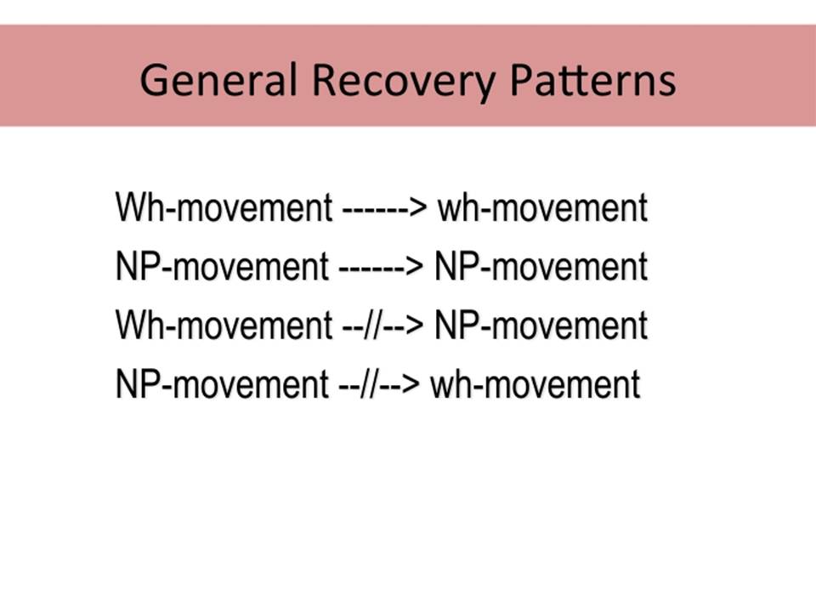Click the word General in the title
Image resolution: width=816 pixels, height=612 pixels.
pos(218,80)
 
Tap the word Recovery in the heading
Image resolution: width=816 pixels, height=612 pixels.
pos(404,83)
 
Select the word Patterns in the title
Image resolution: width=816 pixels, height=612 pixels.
pos(592,80)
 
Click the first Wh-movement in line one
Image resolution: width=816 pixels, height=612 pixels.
pos(224,207)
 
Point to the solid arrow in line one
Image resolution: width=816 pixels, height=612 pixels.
pos(384,208)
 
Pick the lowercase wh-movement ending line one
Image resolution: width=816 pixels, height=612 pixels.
pos(543,207)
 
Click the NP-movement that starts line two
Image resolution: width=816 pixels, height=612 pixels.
pos(222,266)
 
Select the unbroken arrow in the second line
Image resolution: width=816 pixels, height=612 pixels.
pos(381,267)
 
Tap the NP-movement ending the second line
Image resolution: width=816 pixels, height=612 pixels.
pos(541,266)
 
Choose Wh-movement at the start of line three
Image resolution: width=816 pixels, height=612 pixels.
pos(224,325)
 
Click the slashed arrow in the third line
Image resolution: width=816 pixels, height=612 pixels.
pos(383,326)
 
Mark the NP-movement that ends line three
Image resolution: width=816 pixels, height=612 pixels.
pos(541,325)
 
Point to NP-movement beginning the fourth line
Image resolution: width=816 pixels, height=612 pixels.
pos(222,383)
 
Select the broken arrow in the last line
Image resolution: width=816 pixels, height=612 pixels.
pos(379,384)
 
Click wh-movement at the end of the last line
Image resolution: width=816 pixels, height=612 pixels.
pos(535,383)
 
